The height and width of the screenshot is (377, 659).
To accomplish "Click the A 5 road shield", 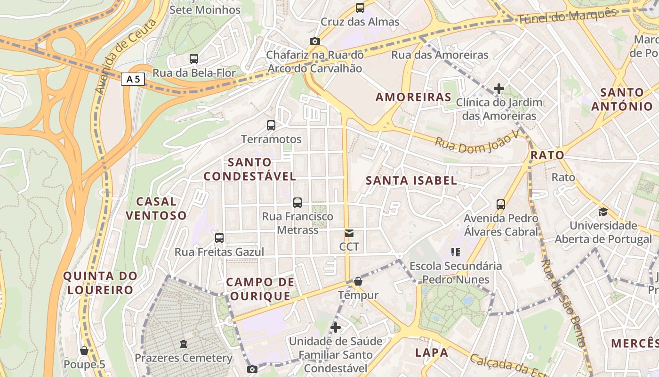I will pos(133,79).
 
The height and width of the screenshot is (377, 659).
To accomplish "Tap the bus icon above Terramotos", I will pos(271,125).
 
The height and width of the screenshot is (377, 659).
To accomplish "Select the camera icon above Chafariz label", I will pos(315,41).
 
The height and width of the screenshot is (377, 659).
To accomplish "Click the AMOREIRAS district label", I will pos(413,97).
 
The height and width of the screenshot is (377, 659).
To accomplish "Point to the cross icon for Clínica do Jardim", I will pos(499,88).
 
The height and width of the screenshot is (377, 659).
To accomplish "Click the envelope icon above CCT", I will pos(349,233).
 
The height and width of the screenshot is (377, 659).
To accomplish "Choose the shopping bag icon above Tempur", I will pos(358,281).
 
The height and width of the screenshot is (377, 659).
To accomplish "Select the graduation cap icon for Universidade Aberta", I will pos(603,212).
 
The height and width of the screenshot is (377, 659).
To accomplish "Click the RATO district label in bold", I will pos(547,155).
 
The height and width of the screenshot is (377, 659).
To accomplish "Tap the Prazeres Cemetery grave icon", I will pos(184,344).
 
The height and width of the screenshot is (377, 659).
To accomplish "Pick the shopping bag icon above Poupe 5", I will pos(84,351).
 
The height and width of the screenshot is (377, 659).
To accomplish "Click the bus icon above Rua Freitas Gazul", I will pos(219,238).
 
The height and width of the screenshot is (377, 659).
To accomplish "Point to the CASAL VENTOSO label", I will pos(156,208).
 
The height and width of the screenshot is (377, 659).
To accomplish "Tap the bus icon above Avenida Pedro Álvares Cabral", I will pos(501,205).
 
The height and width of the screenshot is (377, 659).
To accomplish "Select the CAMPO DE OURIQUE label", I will pos(260,289).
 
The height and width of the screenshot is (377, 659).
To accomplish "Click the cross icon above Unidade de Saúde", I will pos(336,327).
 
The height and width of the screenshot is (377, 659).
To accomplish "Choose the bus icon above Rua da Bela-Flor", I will pos(194,59).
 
